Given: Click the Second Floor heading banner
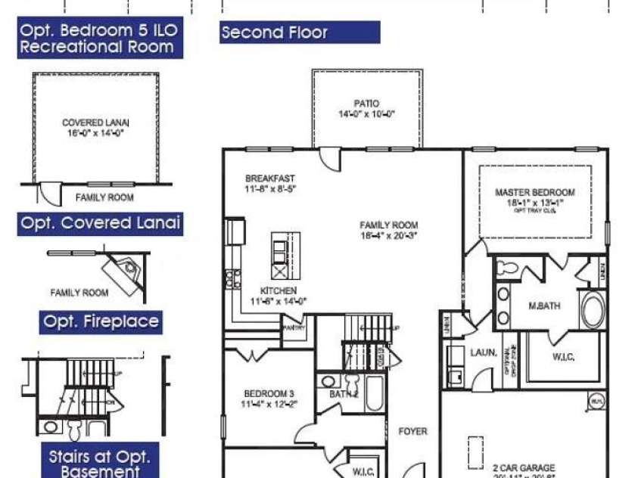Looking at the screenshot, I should point(300,33).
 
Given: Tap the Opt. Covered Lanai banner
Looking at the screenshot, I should point(100,223).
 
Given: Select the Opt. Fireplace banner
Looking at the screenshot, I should point(101,322).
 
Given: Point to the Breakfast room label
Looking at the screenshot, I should point(270,178).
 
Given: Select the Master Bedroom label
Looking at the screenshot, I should point(534,192).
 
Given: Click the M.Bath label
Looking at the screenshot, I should point(544,306).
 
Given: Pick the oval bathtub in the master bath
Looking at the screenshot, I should point(592,310).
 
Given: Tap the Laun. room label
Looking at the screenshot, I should point(484,352).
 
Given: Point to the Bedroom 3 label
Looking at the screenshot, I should point(269,393).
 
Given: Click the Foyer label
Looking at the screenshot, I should point(413,431).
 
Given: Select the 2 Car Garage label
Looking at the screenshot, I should point(524,467).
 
